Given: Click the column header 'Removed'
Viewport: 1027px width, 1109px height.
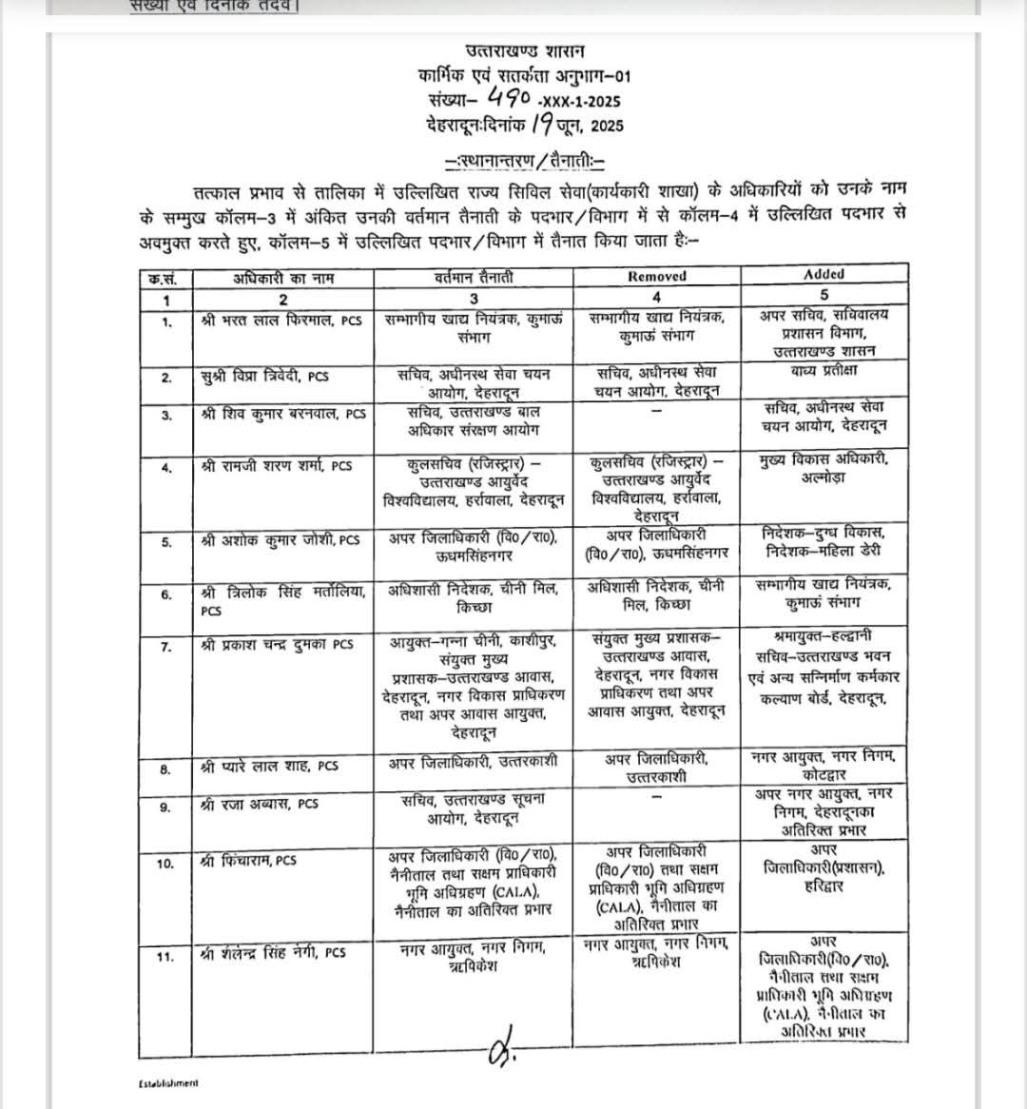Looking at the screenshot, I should click(x=657, y=277).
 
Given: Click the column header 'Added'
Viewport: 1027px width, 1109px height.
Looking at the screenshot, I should click(x=824, y=274).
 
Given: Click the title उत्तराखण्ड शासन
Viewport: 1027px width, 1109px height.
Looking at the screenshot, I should click(x=526, y=50).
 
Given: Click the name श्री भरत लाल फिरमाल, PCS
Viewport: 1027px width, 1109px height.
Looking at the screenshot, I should click(x=282, y=321).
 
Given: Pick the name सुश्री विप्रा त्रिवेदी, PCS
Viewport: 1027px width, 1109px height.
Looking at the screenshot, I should click(x=264, y=376).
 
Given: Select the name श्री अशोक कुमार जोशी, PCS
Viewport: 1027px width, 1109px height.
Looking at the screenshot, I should click(x=281, y=540).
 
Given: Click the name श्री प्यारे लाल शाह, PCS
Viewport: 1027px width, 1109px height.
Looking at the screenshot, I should click(x=270, y=765).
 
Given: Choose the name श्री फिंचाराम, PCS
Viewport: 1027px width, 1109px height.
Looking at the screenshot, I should click(x=249, y=861).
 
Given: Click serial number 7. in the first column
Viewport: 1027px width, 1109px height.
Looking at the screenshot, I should click(x=166, y=648).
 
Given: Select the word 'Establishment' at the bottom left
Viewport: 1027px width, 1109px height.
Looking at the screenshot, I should click(x=167, y=1082).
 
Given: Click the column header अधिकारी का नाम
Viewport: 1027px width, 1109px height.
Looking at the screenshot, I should click(x=283, y=278).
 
